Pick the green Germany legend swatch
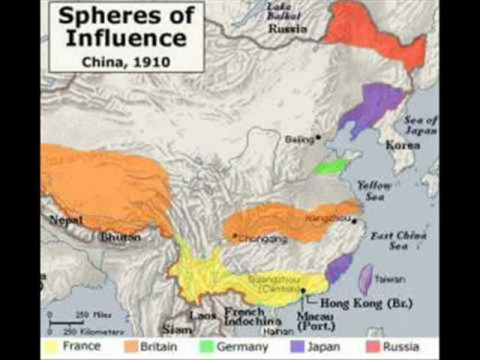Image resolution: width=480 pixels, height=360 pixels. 205,347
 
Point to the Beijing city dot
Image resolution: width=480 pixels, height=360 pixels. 319,137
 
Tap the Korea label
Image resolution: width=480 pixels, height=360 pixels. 403,145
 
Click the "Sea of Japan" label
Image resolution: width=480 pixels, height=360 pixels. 421,124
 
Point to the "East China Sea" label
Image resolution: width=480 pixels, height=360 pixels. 391,241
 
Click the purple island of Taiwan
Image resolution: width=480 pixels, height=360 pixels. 366,280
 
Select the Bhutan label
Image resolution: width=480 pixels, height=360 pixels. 120,237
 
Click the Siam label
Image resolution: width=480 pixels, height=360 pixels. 178,328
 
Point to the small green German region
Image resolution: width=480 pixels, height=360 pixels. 331,166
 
